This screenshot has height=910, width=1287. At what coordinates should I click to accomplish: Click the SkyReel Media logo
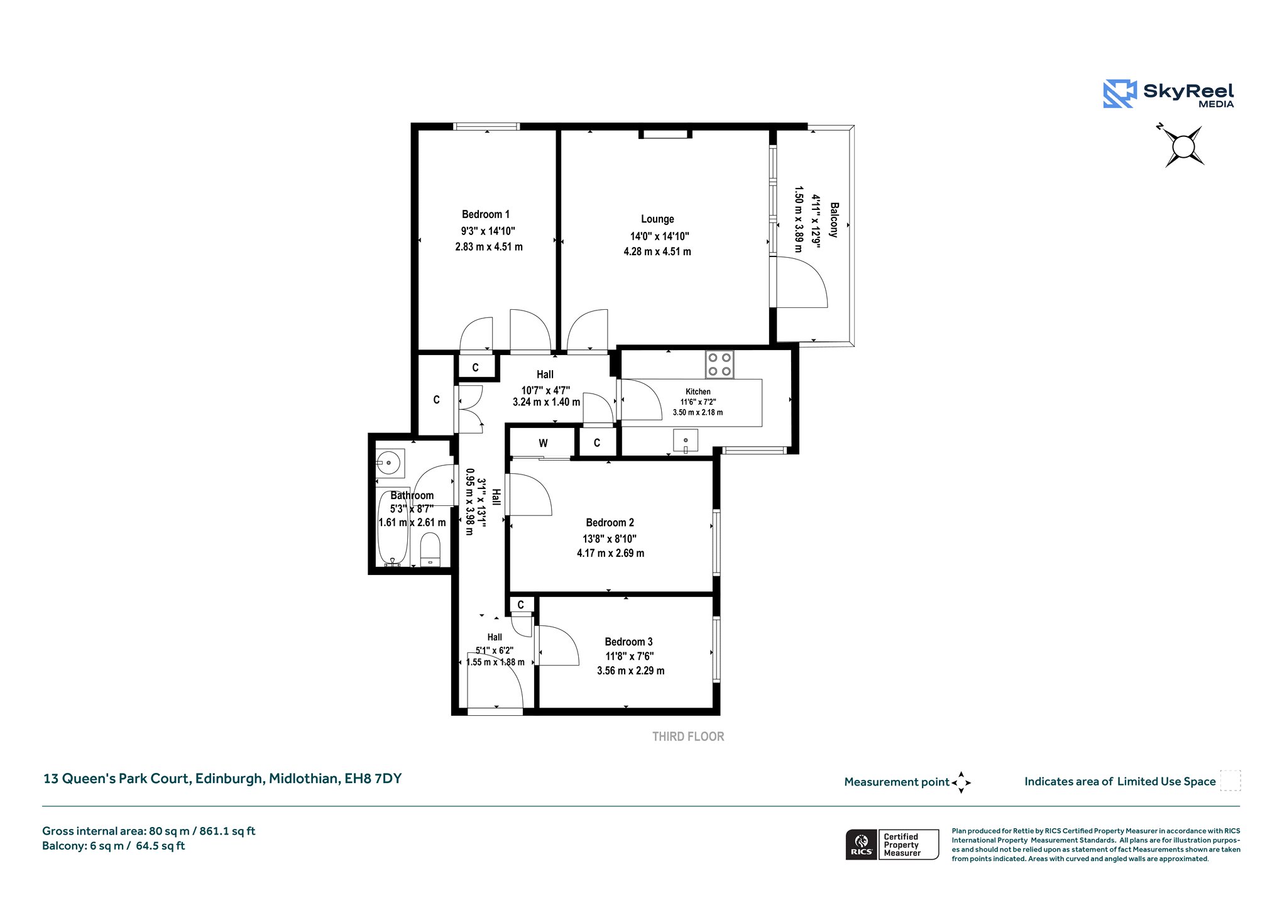click(x=1168, y=94)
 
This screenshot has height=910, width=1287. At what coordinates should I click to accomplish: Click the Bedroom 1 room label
click(x=486, y=214)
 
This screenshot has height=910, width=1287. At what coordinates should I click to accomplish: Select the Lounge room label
click(x=657, y=219)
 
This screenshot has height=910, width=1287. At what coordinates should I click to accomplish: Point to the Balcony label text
click(x=834, y=219)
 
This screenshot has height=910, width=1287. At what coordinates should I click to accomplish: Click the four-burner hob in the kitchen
click(x=720, y=364)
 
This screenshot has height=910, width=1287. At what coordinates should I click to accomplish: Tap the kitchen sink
click(x=686, y=441)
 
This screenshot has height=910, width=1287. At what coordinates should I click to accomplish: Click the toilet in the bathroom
click(x=430, y=550)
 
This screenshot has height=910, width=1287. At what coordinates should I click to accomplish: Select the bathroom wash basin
click(x=390, y=463)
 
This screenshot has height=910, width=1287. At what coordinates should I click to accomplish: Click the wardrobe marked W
click(x=543, y=443)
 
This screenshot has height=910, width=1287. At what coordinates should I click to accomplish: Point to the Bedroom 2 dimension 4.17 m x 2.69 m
click(x=611, y=553)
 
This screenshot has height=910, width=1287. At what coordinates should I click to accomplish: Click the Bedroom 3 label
click(x=628, y=642)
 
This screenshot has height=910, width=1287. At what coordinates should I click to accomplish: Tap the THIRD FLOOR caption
click(x=688, y=737)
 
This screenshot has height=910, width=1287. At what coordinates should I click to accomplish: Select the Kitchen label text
click(x=698, y=392)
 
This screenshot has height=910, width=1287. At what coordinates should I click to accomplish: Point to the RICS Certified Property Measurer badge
click(x=892, y=845)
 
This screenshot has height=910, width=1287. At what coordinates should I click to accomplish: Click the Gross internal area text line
click(x=149, y=831)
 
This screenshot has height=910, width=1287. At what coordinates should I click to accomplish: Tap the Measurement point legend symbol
click(x=961, y=782)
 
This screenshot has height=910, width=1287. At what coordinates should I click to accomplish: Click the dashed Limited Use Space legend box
click(x=1230, y=781)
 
